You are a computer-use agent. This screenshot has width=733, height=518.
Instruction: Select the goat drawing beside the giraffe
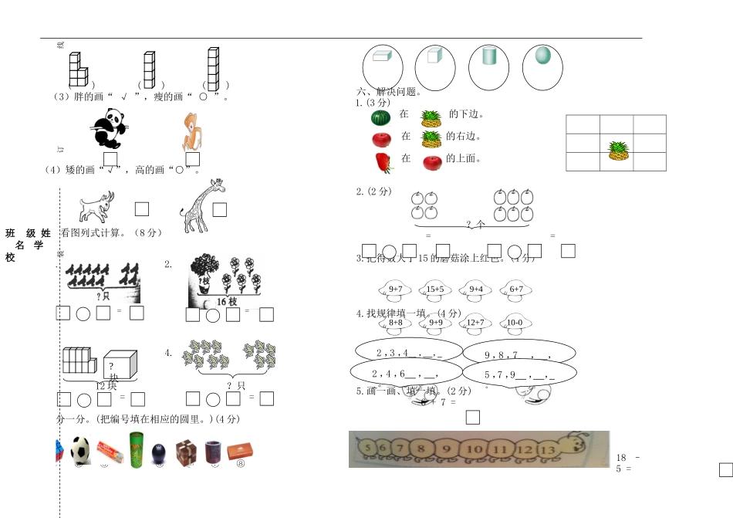pyautogui.click(x=96, y=207)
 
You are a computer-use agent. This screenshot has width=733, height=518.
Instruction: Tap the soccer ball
pyautogui.click(x=81, y=450)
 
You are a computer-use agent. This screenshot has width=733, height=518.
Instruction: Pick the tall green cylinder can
pyautogui.click(x=136, y=449)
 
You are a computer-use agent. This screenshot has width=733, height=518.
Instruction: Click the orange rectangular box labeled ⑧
pyautogui.click(x=241, y=452)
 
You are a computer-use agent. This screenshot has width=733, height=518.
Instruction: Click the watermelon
pyautogui.click(x=381, y=117)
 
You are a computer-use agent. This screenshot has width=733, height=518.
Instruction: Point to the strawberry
pyautogui.click(x=383, y=162)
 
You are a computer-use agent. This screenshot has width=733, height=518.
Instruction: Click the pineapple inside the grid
pyautogui.click(x=617, y=151)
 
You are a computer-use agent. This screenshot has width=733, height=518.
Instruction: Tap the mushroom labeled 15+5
pyautogui.click(x=434, y=291)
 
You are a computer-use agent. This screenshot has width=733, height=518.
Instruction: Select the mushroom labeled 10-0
pyautogui.click(x=514, y=324)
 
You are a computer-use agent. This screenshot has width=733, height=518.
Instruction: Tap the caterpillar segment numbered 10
pyautogui.click(x=475, y=449)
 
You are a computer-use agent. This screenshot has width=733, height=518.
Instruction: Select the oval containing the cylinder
pyautogui.click(x=488, y=66)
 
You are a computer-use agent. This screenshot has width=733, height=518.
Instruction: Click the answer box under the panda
pyautogui.click(x=110, y=159)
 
